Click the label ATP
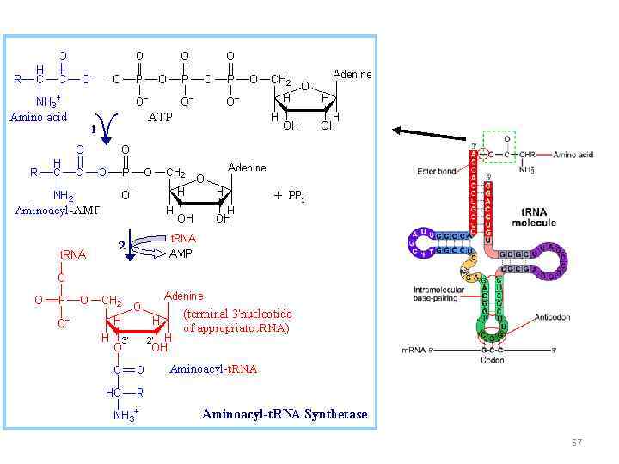161,117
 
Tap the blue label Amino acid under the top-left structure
39,117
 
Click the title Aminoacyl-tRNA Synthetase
285,414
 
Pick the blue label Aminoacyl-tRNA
213,369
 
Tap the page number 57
576,443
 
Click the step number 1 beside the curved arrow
93,130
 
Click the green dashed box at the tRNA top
499,146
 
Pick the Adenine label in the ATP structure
352,74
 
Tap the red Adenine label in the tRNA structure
184,296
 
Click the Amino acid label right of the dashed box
573,155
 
